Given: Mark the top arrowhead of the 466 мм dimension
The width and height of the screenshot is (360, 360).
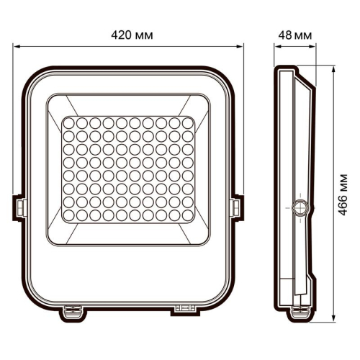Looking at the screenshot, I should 333,71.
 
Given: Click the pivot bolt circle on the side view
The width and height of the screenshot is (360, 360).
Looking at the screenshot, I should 301,207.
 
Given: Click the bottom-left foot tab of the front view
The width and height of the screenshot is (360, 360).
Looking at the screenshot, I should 73,310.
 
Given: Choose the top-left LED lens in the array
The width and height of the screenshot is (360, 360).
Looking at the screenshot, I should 69,125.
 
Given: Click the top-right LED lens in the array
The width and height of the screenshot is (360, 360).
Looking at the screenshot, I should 189,125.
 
